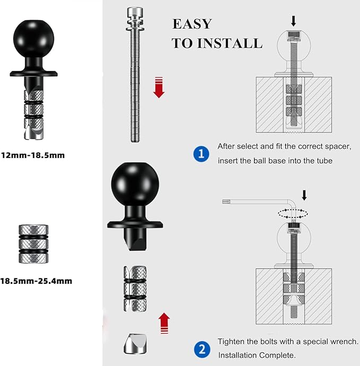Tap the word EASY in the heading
[192, 24]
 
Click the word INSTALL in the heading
[232, 43]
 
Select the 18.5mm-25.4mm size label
[36, 281]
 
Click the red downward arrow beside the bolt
[159, 87]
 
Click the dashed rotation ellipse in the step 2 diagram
[293, 213]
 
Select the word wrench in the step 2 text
[344, 342]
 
